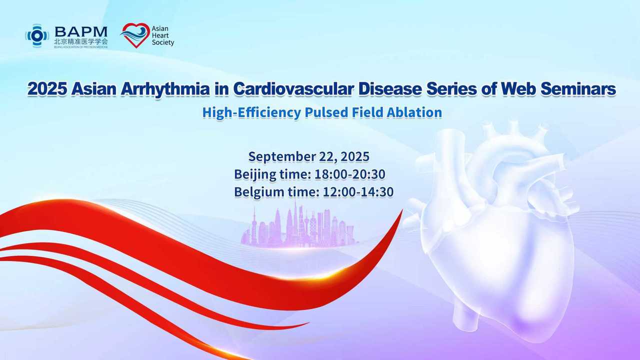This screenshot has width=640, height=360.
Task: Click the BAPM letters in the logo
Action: point(81,32)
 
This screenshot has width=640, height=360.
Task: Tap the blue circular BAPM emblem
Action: point(37,35)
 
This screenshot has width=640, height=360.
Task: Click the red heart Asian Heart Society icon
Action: point(135,35)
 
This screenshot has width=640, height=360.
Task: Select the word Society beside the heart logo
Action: point(163,42)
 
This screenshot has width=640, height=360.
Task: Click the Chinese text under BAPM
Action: point(81,41)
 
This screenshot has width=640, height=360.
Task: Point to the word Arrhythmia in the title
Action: point(165,89)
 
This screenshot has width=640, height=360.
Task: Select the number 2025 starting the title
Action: point(47,89)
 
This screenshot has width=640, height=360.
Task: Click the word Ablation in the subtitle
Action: point(414,112)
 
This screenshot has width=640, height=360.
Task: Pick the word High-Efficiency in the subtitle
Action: point(251,112)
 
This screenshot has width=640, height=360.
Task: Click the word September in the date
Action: point(281,157)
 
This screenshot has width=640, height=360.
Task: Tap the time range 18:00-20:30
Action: point(350,174)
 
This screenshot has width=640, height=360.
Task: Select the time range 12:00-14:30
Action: point(358,192)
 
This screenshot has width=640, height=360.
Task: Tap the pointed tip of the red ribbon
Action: point(402,209)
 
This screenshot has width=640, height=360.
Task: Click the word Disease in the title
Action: point(390,89)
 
